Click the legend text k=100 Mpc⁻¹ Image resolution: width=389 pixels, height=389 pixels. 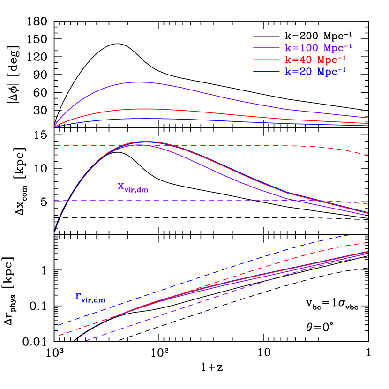318,48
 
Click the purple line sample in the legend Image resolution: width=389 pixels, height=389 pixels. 266,48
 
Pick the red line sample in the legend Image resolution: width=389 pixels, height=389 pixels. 266,60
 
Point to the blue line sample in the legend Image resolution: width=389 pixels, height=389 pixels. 266,72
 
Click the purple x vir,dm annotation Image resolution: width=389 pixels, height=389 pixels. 133,187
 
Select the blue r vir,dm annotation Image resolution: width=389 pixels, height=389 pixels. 90,298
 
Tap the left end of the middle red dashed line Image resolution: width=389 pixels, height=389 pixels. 55,146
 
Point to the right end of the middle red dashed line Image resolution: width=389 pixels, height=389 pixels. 368,156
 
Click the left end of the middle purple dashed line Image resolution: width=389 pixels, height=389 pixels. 55,200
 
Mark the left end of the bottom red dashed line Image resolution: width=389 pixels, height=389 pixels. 55,337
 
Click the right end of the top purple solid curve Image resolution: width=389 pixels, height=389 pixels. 368,118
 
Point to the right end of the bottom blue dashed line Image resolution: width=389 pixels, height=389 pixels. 349,235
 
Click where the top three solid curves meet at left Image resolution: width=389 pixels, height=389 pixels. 55,126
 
